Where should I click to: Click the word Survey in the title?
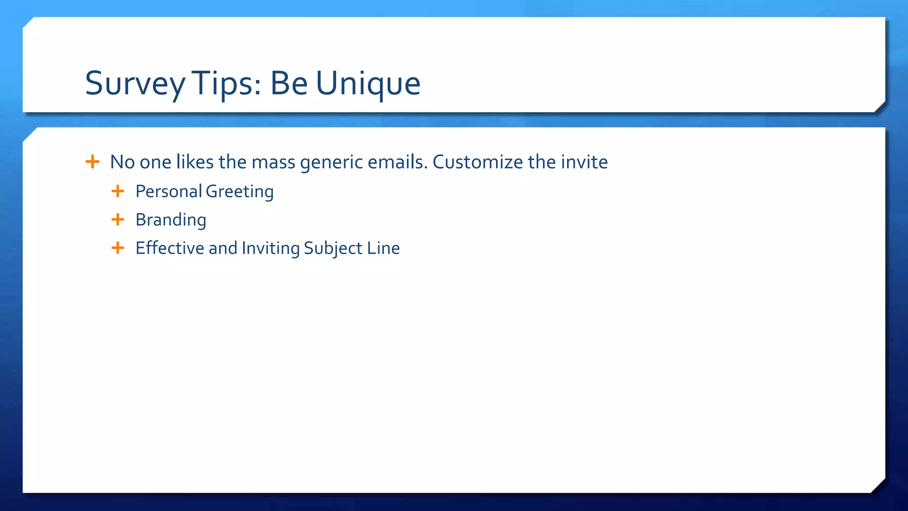(x=135, y=83)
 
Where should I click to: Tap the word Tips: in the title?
(x=226, y=83)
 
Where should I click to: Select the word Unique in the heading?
(x=368, y=83)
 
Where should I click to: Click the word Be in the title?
(x=289, y=83)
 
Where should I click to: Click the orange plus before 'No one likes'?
(x=92, y=161)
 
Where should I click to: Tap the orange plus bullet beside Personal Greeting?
(x=117, y=191)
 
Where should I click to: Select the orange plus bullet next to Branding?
(x=117, y=219)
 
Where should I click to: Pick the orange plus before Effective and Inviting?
(x=117, y=248)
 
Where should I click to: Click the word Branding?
(x=171, y=220)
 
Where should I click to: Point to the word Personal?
(x=168, y=192)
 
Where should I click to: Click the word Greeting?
(x=239, y=192)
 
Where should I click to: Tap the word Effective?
(x=170, y=248)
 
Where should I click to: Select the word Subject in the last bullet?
(x=333, y=248)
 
